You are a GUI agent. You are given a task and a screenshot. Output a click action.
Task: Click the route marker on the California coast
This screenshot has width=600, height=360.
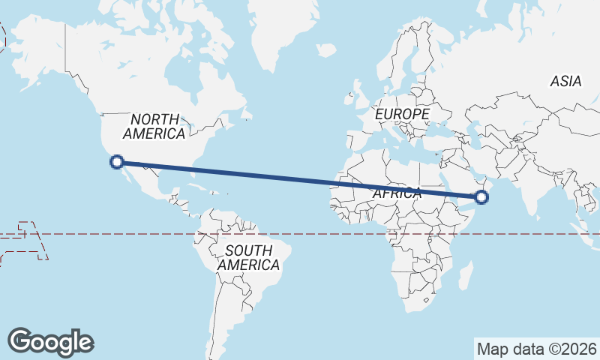116,160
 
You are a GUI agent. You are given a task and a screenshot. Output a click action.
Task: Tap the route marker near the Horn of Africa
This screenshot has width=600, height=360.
481,197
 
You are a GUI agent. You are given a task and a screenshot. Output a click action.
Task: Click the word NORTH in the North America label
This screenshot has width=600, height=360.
155,119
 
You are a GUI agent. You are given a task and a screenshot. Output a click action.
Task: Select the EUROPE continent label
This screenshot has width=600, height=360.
403,114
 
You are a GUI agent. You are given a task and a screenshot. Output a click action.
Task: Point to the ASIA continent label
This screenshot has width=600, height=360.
565,82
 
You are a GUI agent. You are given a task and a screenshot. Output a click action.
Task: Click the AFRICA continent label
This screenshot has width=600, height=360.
397,193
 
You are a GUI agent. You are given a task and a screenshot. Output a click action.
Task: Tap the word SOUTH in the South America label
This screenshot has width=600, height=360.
247,250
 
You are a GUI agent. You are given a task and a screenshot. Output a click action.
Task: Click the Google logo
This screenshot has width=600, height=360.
50,342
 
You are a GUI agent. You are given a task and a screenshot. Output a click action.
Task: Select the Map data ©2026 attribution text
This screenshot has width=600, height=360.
537,349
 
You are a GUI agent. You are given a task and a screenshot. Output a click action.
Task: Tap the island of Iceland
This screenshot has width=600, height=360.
325,50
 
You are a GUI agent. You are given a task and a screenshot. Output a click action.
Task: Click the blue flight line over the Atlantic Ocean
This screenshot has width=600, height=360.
285,177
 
